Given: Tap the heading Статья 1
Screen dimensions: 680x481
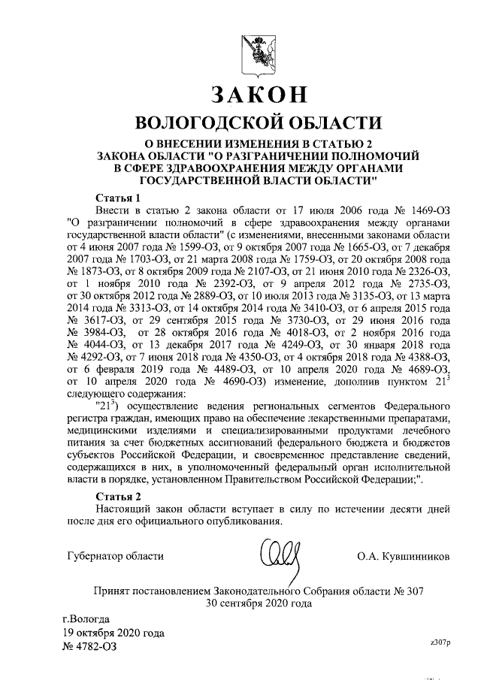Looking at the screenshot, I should [119, 197].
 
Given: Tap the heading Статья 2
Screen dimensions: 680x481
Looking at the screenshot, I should [119, 497].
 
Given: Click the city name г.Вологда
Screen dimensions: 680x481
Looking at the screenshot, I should [86, 619].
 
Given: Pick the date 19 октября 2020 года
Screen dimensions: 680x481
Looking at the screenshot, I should [113, 633].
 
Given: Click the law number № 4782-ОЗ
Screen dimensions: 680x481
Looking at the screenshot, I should [89, 646].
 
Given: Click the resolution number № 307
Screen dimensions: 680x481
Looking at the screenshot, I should [410, 590].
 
